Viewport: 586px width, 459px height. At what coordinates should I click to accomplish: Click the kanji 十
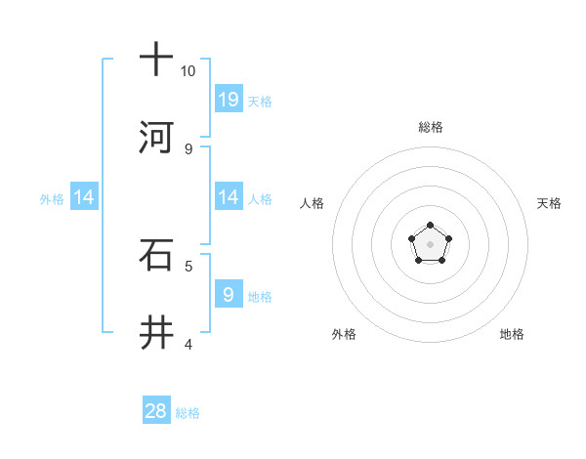[x=156, y=60]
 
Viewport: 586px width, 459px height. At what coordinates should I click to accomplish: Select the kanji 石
[x=156, y=256]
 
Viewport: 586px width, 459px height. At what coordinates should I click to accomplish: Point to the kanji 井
[x=156, y=334]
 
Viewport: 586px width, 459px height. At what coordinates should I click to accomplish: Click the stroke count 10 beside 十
[x=188, y=71]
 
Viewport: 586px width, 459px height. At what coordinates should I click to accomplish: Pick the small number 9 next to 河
[x=188, y=149]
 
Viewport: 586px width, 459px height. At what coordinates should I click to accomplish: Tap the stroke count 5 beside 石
[x=188, y=266]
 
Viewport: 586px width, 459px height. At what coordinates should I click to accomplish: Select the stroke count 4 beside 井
[x=188, y=344]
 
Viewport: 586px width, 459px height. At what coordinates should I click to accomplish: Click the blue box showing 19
[x=229, y=99]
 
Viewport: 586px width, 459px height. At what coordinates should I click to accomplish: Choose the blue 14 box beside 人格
[x=229, y=197]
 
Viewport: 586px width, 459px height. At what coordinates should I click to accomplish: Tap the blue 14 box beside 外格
[x=84, y=197]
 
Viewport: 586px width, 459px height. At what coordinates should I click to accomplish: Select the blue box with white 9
[x=229, y=294]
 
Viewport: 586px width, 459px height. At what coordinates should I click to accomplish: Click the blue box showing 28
[x=156, y=411]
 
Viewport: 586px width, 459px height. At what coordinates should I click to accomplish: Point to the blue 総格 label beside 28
[x=188, y=413]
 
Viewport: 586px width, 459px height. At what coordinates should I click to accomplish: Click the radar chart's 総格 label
[x=431, y=127]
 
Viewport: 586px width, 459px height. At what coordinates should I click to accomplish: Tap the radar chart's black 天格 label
[x=549, y=203]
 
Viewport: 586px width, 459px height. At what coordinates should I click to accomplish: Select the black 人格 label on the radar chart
[x=313, y=203]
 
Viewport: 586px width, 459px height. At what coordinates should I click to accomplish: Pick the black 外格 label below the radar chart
[x=344, y=334]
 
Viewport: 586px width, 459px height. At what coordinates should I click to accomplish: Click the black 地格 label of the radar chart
[x=512, y=334]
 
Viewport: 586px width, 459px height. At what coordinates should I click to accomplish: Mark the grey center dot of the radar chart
[x=430, y=243]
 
